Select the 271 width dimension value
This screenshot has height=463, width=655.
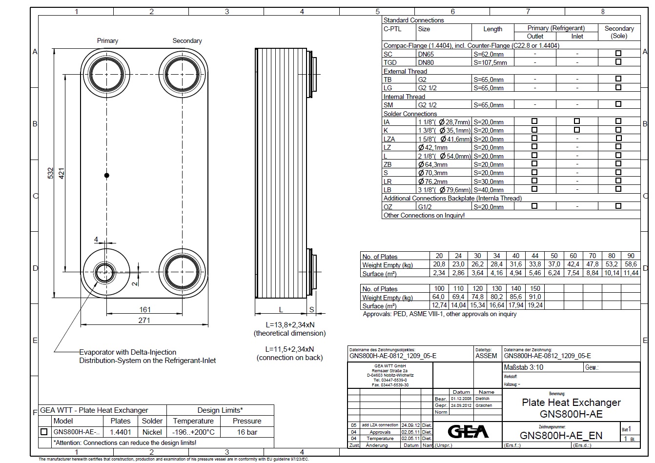[144, 320]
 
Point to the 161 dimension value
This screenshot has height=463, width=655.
[145, 309]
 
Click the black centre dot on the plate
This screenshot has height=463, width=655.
[107, 175]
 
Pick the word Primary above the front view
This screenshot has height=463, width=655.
[107, 41]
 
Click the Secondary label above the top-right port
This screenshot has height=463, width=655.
[187, 41]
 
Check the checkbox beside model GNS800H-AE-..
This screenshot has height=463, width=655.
[44, 432]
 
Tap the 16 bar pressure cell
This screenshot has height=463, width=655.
[247, 432]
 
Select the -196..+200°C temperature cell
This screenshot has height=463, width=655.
[193, 432]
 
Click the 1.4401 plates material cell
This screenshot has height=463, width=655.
[121, 432]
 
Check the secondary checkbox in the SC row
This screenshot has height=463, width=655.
[618, 54]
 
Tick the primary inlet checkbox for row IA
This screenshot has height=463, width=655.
[577, 121]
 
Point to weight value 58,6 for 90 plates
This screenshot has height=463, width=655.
[631, 264]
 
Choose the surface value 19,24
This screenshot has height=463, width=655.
[535, 305]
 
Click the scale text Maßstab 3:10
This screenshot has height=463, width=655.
[524, 367]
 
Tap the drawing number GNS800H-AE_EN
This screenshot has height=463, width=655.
[561, 435]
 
